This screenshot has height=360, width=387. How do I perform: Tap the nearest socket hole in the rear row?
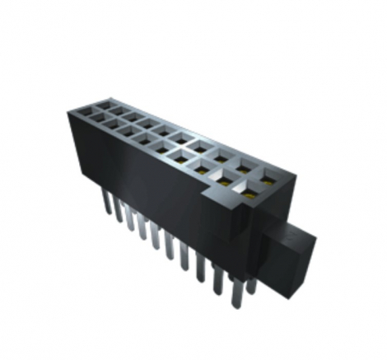[268, 175]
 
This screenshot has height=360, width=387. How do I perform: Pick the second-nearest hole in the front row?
[223, 180]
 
